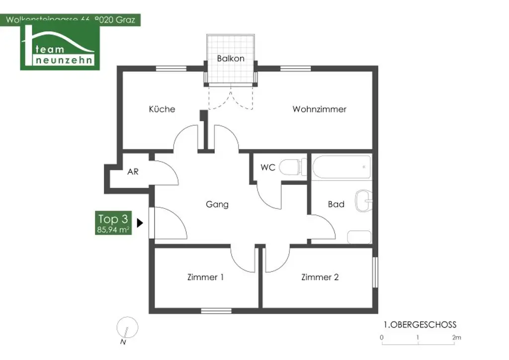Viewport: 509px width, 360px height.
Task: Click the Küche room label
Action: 162,109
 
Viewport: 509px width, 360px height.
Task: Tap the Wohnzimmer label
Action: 319,109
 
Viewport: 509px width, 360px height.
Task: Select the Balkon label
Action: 231,58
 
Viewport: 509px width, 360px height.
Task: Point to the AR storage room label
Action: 133,172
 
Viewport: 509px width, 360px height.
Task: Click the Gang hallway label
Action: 217,204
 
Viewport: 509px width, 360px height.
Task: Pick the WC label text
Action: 268,167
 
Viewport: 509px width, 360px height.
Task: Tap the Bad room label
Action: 336,204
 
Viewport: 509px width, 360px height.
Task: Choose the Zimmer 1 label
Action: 205,277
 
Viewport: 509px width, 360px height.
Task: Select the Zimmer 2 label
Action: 320,277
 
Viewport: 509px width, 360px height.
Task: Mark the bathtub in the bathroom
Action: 342,168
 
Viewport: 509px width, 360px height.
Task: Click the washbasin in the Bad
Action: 363,202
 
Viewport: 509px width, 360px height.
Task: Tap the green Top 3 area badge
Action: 113,223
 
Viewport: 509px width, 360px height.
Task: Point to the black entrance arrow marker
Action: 140,223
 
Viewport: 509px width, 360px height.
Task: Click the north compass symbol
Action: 127,329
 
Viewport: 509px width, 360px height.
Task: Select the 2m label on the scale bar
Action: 456,338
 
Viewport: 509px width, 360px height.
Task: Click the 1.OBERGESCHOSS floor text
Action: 420,325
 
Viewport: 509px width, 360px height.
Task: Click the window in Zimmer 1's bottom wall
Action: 216,311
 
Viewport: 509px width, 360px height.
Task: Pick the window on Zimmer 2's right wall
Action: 375,270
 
